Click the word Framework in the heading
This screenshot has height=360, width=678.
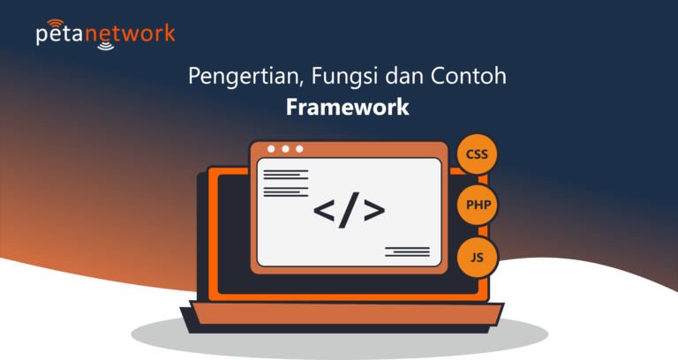coord(347,107)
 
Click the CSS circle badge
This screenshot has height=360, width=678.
coord(477,155)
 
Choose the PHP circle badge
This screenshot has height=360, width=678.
coord(477,206)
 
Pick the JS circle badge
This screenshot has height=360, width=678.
coord(477,257)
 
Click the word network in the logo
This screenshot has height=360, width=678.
coord(132,35)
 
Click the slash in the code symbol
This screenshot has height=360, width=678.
coord(350,210)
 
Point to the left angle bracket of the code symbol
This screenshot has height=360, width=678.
coord(324,211)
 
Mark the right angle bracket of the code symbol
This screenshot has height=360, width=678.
coord(374,211)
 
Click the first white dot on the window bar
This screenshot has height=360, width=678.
coord(271,149)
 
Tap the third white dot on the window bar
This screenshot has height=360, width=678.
coord(299,149)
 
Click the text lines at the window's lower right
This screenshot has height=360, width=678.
coord(407,251)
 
